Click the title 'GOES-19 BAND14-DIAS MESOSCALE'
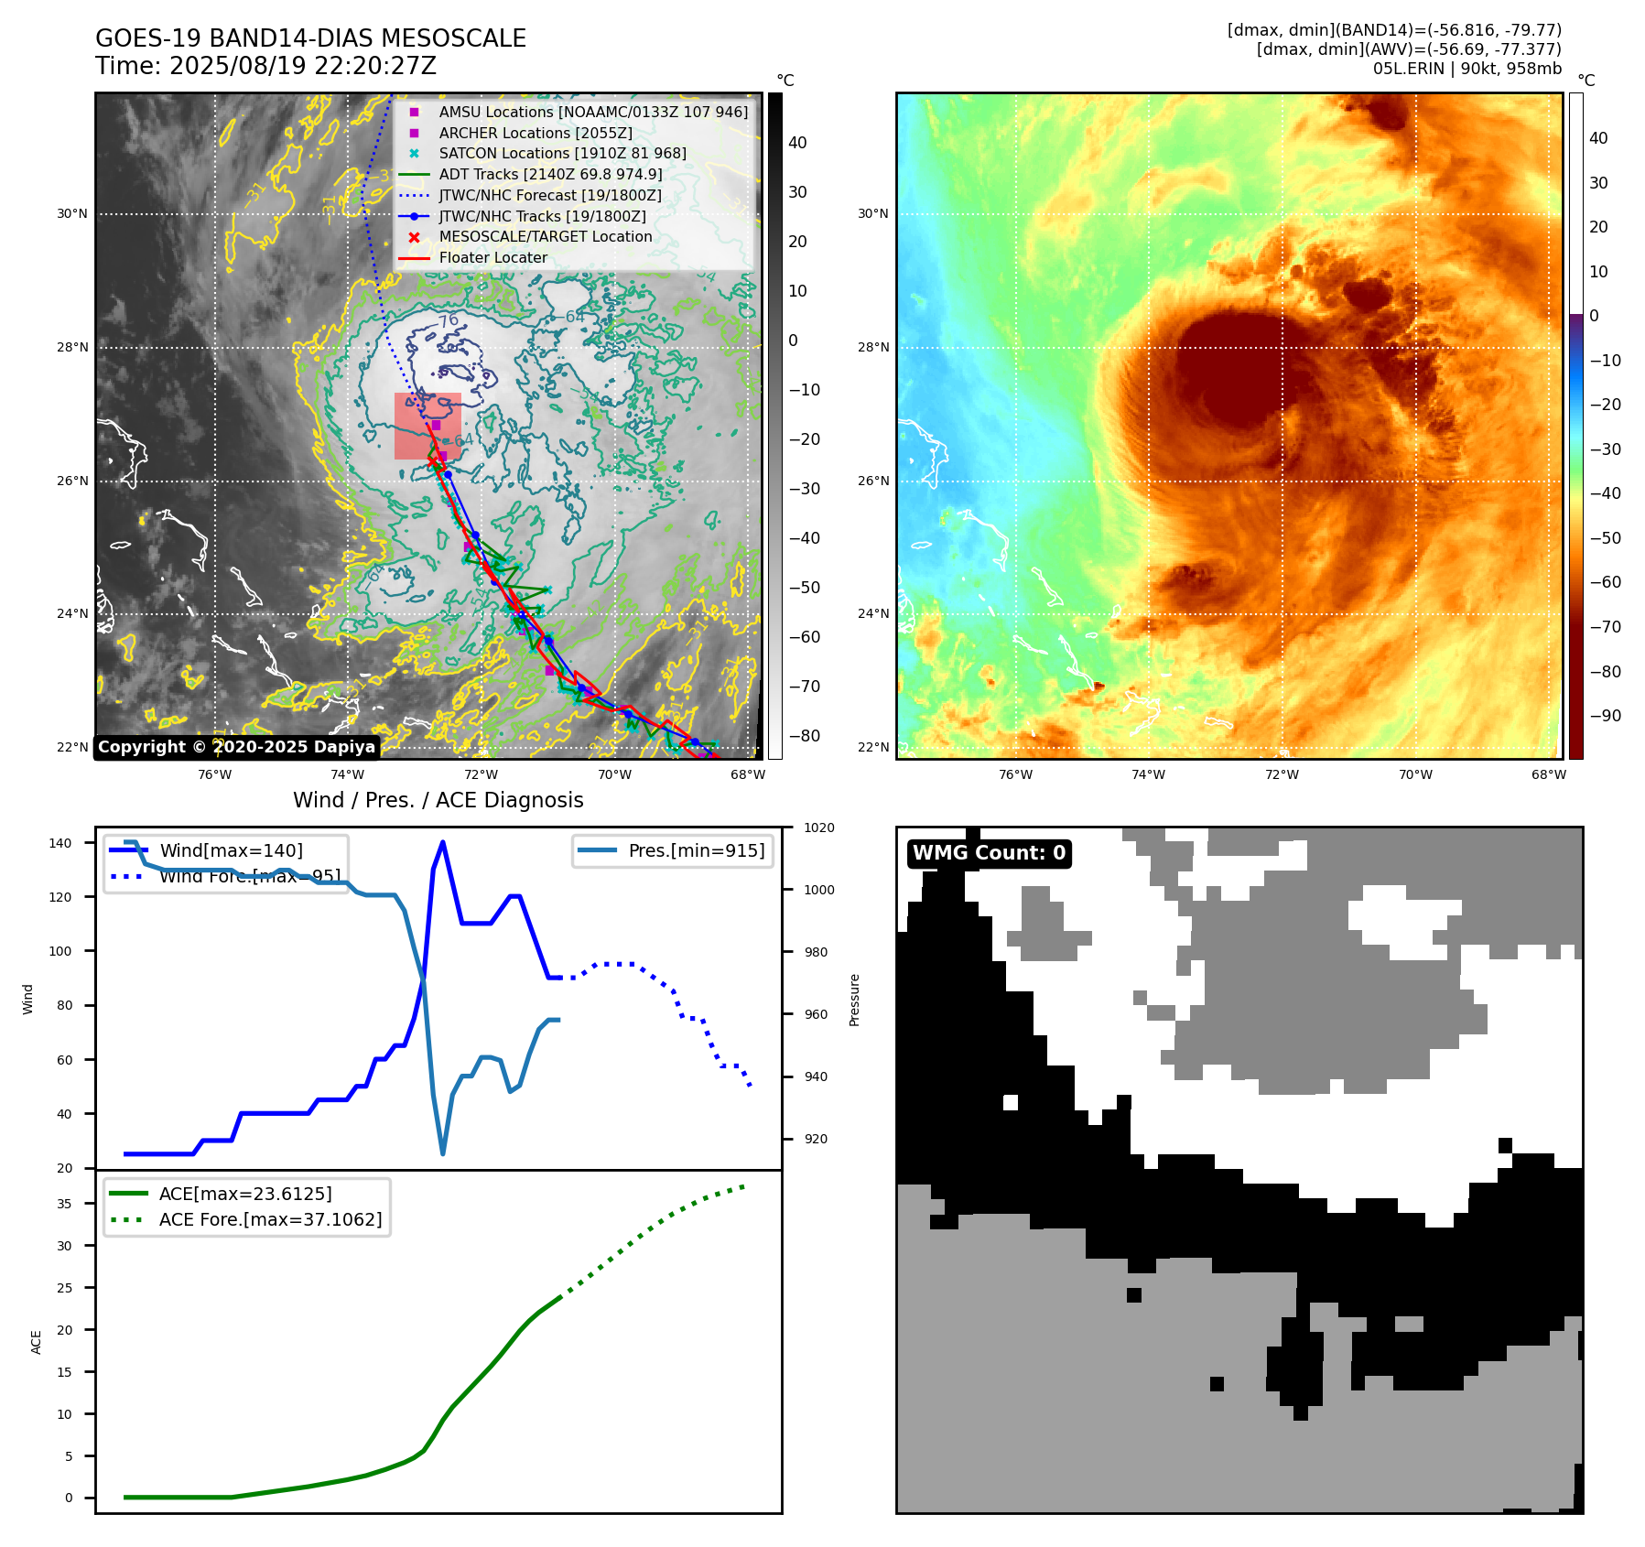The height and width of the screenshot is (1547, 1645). tap(310, 38)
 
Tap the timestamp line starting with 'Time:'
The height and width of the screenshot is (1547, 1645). tap(265, 66)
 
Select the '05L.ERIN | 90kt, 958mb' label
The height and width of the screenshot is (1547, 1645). tap(1466, 69)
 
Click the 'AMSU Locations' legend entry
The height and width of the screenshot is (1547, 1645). tap(592, 112)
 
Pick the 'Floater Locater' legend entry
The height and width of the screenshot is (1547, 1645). tap(492, 257)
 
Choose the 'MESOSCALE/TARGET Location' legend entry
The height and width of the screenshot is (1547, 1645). tap(545, 236)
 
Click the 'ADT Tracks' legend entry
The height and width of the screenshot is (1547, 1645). tap(550, 174)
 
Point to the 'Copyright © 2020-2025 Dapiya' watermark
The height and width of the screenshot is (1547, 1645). tap(236, 747)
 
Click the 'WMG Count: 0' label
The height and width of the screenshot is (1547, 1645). tap(989, 853)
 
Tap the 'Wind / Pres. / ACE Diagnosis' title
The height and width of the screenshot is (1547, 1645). tap(438, 800)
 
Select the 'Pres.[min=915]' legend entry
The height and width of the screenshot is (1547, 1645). tap(696, 850)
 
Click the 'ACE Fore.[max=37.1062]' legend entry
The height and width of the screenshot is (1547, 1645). tap(270, 1219)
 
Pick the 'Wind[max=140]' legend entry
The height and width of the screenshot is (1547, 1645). tap(231, 850)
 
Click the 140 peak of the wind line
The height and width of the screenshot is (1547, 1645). tap(443, 842)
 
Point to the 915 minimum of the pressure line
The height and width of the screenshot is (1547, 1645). tap(443, 1153)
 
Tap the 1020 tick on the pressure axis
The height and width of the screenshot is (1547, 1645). tap(818, 828)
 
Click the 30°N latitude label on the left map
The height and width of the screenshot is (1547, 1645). tap(72, 214)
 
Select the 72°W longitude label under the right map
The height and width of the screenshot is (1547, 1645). tap(1282, 774)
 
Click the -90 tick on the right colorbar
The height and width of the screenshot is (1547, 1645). tap(1605, 716)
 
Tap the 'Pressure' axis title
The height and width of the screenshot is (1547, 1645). tap(854, 1000)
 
